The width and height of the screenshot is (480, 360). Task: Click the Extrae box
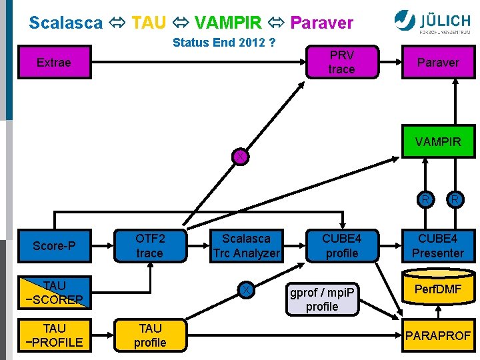(53, 62)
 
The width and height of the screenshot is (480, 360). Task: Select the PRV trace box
(341, 62)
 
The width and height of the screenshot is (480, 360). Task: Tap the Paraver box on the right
(438, 62)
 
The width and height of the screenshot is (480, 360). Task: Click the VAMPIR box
(438, 141)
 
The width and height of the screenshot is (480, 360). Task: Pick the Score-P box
(54, 246)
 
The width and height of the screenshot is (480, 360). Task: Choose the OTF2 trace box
(149, 246)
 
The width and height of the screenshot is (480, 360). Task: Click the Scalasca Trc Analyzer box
(246, 246)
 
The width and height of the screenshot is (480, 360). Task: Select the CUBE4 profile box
(341, 246)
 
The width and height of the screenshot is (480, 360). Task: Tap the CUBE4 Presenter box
(437, 246)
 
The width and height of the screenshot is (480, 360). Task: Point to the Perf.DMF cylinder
(437, 291)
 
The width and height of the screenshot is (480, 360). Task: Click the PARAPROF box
(437, 335)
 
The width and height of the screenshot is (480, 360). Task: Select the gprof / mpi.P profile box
(322, 299)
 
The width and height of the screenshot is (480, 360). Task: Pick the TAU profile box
(149, 335)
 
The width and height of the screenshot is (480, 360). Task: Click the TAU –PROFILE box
(54, 335)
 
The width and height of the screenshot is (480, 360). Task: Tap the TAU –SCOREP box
(54, 293)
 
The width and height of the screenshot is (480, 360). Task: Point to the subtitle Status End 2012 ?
(224, 43)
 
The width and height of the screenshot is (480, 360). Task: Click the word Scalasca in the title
(66, 23)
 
